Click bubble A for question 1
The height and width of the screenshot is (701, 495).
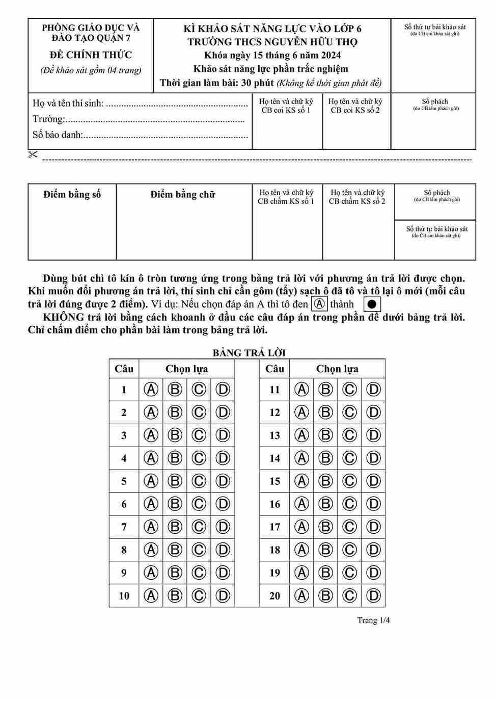pos(151,390)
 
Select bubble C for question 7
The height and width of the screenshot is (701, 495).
pos(199,527)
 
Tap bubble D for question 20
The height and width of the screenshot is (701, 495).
pos(373,595)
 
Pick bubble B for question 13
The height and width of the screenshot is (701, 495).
pos(325,435)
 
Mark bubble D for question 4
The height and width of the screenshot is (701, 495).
pos(223,458)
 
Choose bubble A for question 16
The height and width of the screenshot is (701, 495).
pos(301,504)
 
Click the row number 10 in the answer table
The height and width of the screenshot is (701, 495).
pos(124,595)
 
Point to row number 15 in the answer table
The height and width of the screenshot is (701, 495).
pos(274,481)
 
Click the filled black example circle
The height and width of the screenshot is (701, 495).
pos(372,304)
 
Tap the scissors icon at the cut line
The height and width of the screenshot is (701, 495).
pos(33,154)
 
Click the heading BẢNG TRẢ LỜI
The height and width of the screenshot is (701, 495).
pos(249,353)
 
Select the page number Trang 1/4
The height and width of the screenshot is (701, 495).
pos(373,620)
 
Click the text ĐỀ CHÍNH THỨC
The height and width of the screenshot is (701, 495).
pos(91,55)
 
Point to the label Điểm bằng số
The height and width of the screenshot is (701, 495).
pos(72,194)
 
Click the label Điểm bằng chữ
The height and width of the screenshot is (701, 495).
pos(183,194)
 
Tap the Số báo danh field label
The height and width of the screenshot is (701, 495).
pos(58,135)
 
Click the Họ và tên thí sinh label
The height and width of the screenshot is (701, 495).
pos(68,103)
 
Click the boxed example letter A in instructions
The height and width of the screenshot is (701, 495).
pos(319,304)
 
